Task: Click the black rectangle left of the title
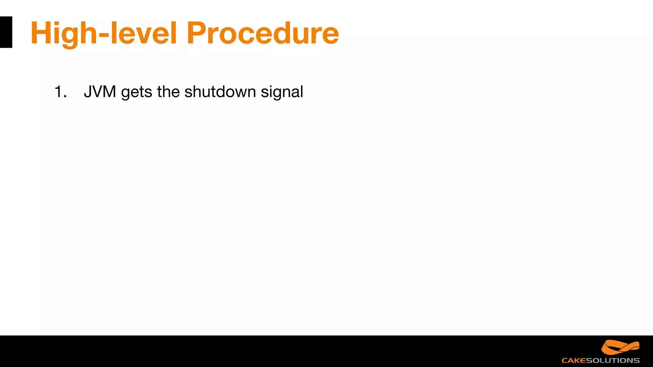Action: (x=6, y=32)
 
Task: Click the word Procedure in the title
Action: (x=262, y=33)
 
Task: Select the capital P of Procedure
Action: (x=198, y=33)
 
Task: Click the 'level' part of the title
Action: (x=143, y=33)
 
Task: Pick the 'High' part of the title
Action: (x=64, y=33)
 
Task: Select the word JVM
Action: (x=100, y=92)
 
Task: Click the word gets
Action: (x=137, y=92)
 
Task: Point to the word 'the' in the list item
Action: (x=168, y=92)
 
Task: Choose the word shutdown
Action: (x=220, y=92)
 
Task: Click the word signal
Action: (x=282, y=92)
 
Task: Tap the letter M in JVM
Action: (x=108, y=92)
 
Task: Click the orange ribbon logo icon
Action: (x=620, y=347)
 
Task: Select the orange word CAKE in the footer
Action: (x=574, y=361)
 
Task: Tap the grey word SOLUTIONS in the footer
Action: (x=613, y=361)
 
